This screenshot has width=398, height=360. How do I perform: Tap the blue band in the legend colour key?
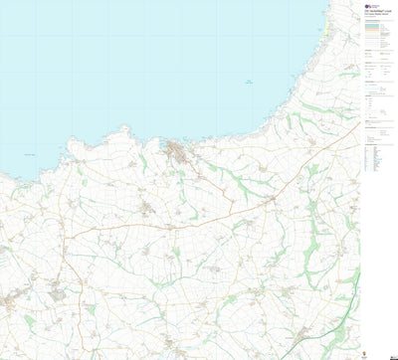[x=376, y=32]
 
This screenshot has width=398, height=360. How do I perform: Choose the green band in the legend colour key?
[x=376, y=36]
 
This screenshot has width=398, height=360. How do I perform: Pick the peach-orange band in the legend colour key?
[x=376, y=28]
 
